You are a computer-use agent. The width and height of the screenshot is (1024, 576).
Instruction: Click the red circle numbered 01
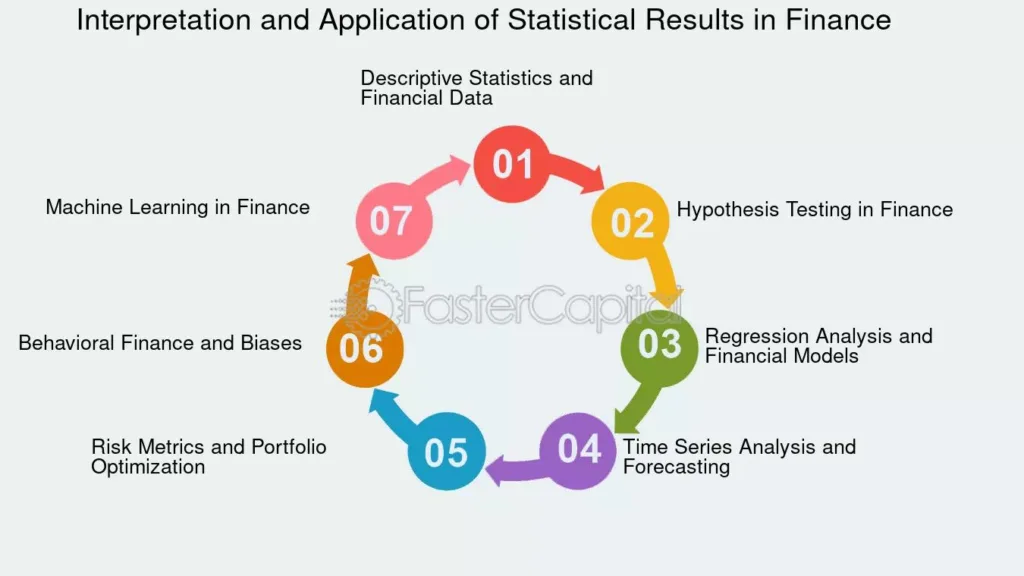click(x=511, y=164)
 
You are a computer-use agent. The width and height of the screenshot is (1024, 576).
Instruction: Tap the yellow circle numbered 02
click(x=630, y=221)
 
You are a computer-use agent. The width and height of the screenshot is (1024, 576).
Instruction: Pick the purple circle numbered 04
click(x=578, y=451)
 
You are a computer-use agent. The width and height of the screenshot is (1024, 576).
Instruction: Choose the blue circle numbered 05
click(x=446, y=451)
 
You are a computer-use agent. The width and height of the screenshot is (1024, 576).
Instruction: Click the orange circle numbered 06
click(x=364, y=349)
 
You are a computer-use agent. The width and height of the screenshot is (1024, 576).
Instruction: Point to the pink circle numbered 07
click(x=394, y=221)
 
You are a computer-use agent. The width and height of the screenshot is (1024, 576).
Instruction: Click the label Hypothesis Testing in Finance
click(x=814, y=210)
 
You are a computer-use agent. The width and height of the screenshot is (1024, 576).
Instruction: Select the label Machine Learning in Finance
click(x=178, y=208)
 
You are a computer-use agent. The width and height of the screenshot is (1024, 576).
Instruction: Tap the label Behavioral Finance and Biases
click(x=160, y=343)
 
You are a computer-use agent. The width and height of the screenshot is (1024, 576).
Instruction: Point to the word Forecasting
click(x=676, y=467)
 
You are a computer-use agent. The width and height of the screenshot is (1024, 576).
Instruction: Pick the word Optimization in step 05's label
click(x=148, y=467)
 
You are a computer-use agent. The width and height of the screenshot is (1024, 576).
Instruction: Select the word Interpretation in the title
click(x=163, y=20)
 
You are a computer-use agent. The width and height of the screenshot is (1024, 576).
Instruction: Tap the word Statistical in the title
click(x=571, y=20)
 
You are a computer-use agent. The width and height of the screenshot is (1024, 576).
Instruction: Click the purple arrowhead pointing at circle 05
click(x=496, y=470)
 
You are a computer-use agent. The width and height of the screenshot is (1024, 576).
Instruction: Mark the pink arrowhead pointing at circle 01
click(x=459, y=168)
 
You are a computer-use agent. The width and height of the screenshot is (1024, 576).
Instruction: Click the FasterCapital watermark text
click(x=506, y=305)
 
